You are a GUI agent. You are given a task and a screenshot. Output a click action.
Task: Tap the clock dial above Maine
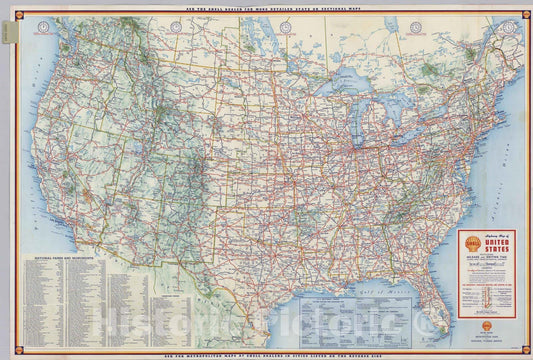click(510, 27)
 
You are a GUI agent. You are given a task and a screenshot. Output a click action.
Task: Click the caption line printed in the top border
click(266, 7)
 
